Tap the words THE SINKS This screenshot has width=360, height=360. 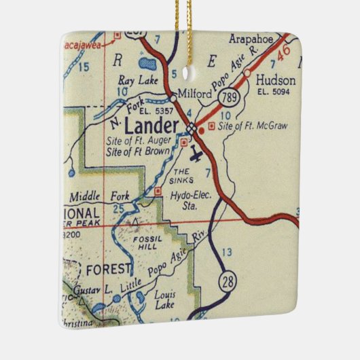(x=182, y=176)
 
